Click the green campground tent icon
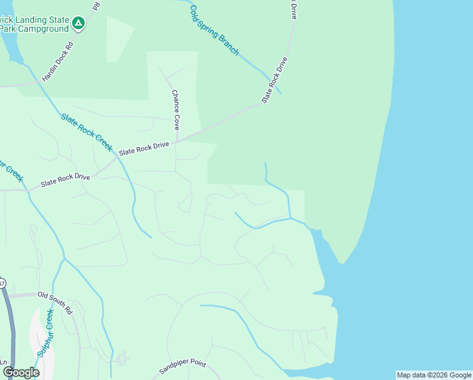78,24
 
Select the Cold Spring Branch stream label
214,29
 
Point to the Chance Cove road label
176,109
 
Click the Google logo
20,372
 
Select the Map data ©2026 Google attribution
434,375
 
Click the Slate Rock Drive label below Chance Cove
144,149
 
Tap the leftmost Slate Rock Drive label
65,180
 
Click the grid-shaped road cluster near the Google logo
120,358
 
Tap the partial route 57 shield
2,283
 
